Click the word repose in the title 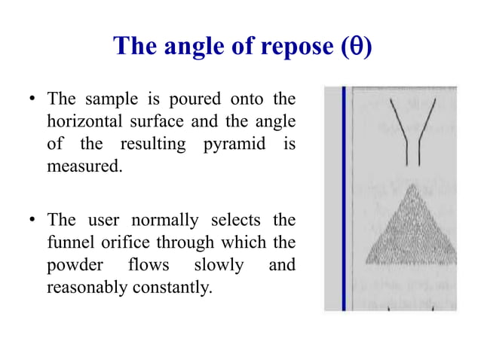tap(286, 47)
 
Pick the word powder tap(71, 265)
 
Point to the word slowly tap(219, 265)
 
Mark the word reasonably tap(84, 287)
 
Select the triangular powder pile tap(412, 233)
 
